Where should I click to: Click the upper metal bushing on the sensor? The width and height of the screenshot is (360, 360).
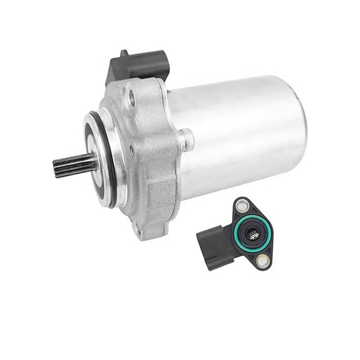[x=243, y=207]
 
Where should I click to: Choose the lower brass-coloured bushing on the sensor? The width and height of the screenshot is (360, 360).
[x=261, y=260]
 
